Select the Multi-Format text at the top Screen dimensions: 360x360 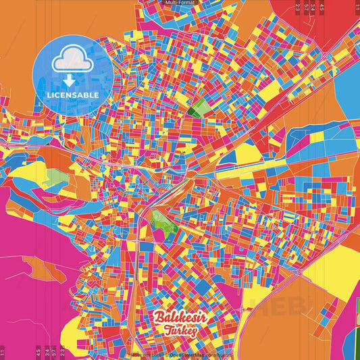(180, 3)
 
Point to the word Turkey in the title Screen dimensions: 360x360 (179, 331)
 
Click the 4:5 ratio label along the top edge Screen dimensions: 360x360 (322, 8)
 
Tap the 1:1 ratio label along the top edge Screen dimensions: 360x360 (357, 8)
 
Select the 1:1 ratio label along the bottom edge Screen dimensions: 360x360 (3, 351)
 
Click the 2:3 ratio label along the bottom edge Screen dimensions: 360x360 (62, 351)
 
